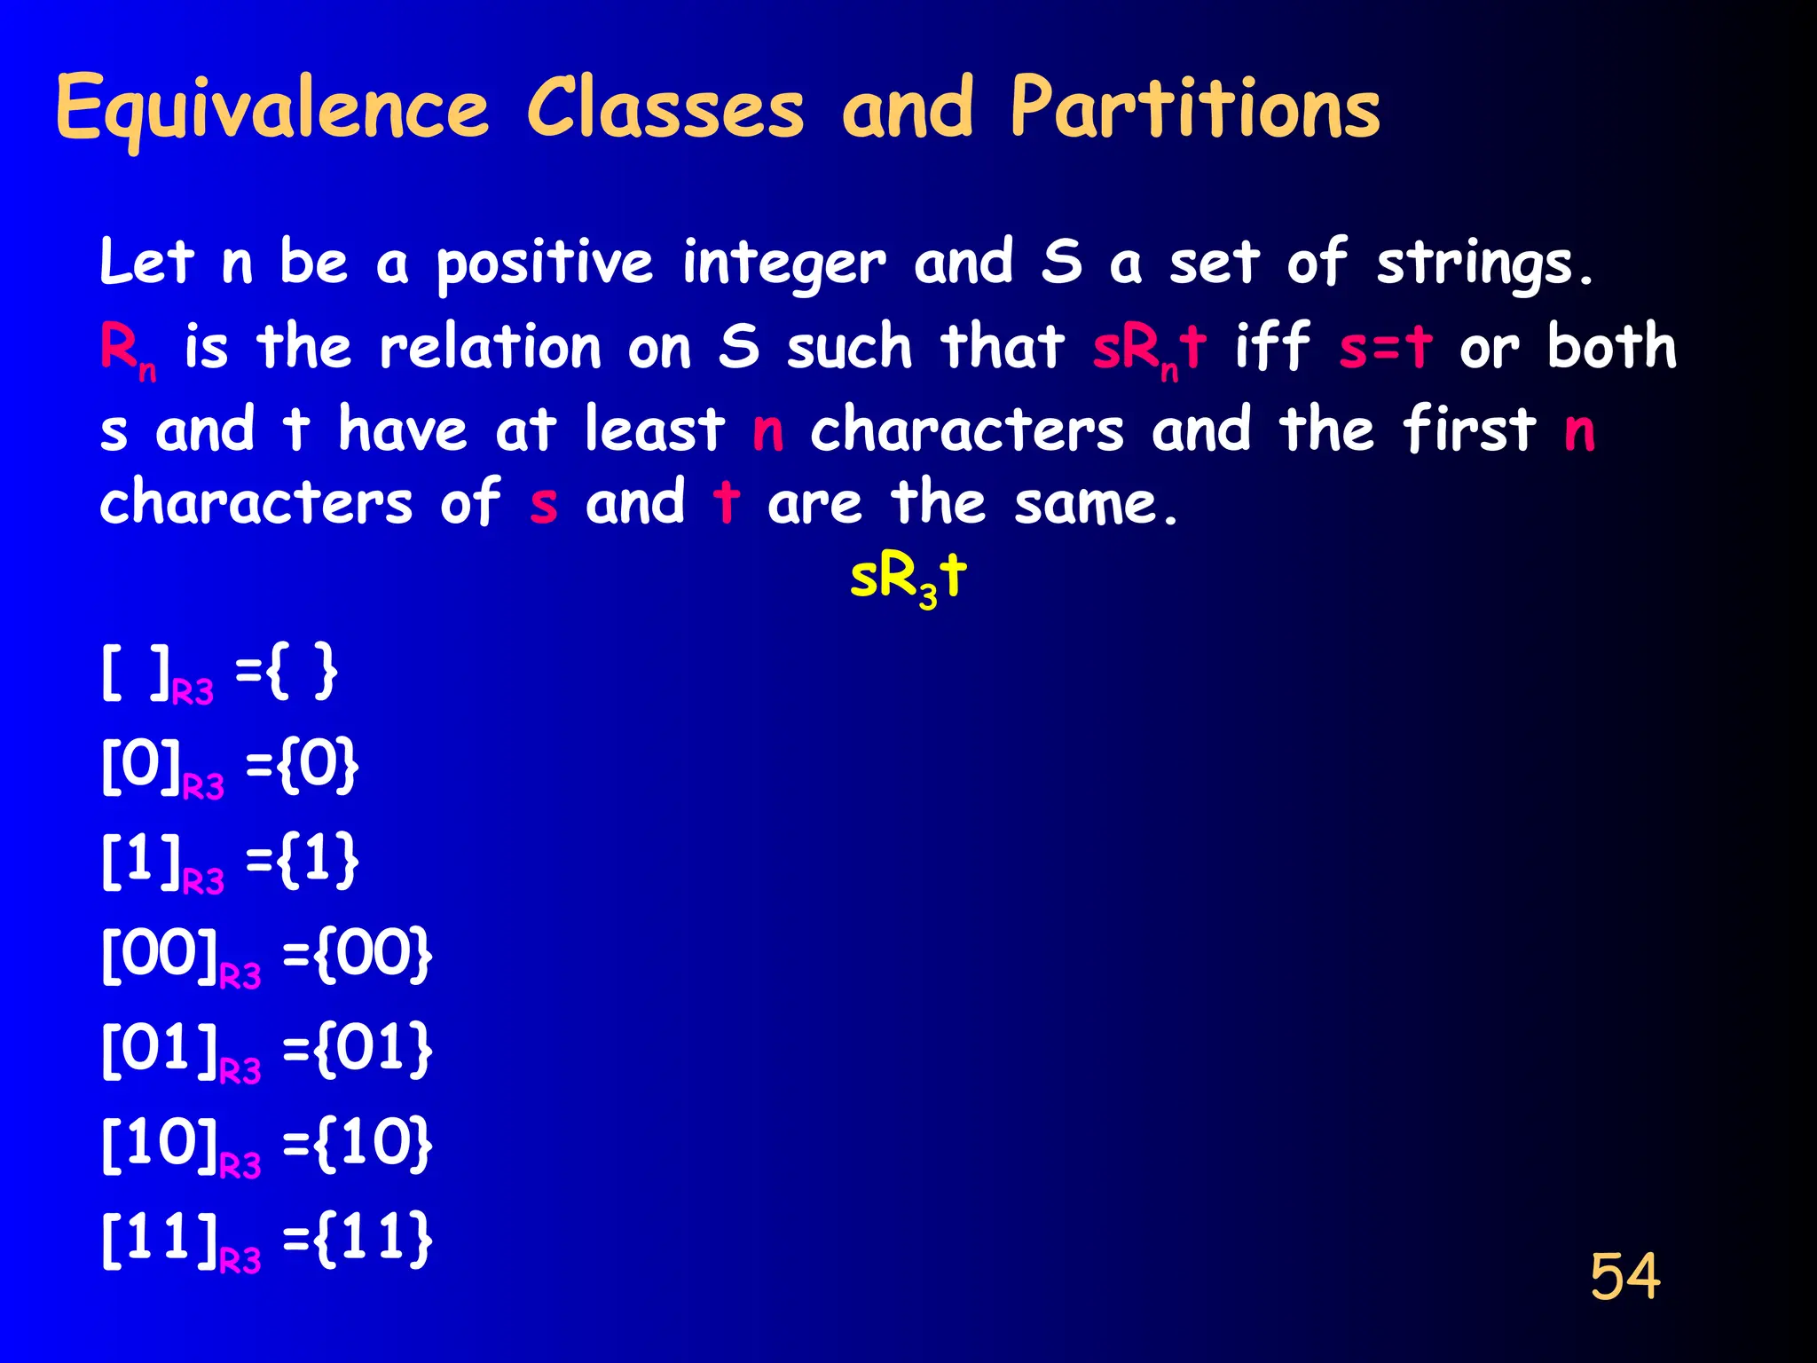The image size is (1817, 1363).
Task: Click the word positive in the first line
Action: coord(544,264)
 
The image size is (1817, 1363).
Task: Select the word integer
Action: coord(783,264)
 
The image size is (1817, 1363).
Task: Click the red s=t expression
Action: coord(1385,347)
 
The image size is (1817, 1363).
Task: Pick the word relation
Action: coord(491,347)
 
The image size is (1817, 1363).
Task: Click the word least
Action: coord(654,429)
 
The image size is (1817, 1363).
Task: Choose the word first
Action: coord(1468,429)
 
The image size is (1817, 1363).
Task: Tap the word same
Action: coord(1096,504)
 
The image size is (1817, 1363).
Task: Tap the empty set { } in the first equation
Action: coord(302,673)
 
